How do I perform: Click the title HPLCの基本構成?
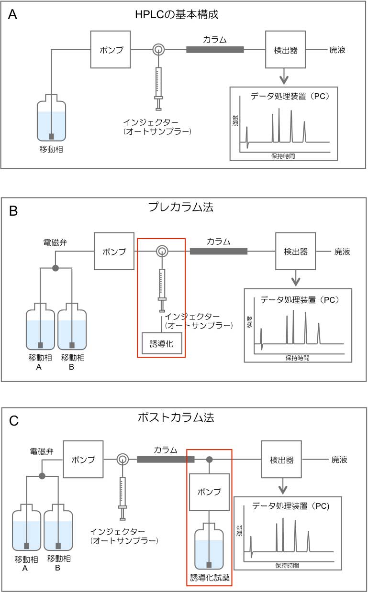click(177, 15)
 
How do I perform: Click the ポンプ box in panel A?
click(111, 50)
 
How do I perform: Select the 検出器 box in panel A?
click(285, 50)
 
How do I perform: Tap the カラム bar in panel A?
click(215, 49)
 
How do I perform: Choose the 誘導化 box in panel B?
click(162, 343)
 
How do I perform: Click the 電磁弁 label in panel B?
click(55, 242)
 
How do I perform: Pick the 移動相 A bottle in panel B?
click(40, 330)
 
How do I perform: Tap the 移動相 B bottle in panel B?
click(72, 330)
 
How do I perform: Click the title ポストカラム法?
click(176, 417)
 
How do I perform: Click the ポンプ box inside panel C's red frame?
click(209, 492)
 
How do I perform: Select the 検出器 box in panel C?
click(281, 460)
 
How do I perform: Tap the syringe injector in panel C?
click(123, 497)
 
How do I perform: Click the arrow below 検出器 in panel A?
click(285, 76)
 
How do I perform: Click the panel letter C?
click(14, 421)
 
